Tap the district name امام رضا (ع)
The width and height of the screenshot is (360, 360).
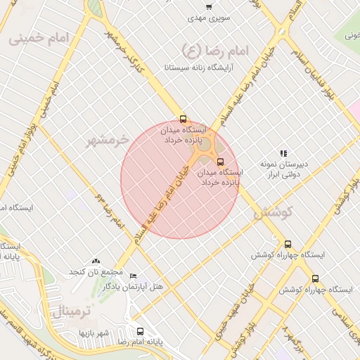[x=212, y=49]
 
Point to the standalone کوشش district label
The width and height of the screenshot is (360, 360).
[x=271, y=212]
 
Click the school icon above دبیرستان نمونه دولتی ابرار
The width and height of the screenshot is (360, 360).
[x=283, y=153]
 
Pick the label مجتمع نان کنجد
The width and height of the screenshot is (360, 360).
[x=96, y=271]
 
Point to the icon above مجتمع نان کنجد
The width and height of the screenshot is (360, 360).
[x=96, y=261]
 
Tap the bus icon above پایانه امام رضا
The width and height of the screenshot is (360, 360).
[x=140, y=331]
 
